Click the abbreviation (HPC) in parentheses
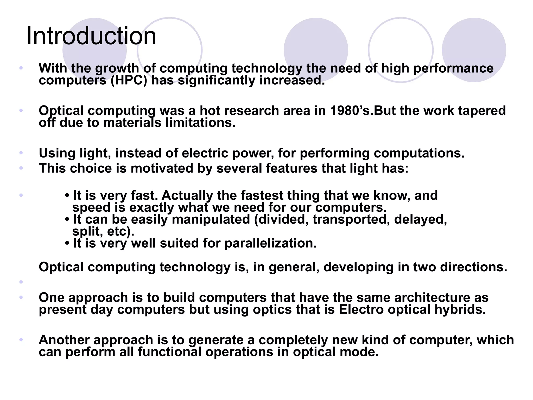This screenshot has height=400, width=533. [x=129, y=80]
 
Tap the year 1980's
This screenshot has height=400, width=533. [x=351, y=111]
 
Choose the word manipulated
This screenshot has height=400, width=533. [x=211, y=219]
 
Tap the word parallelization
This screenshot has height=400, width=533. [x=271, y=243]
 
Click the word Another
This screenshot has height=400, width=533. [x=64, y=340]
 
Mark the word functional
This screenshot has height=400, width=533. [x=169, y=352]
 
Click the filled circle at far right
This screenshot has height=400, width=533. [x=474, y=50]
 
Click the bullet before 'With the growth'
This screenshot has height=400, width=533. [x=21, y=68]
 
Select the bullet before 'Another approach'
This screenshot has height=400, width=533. [x=21, y=340]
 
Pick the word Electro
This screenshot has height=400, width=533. [x=361, y=310]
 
